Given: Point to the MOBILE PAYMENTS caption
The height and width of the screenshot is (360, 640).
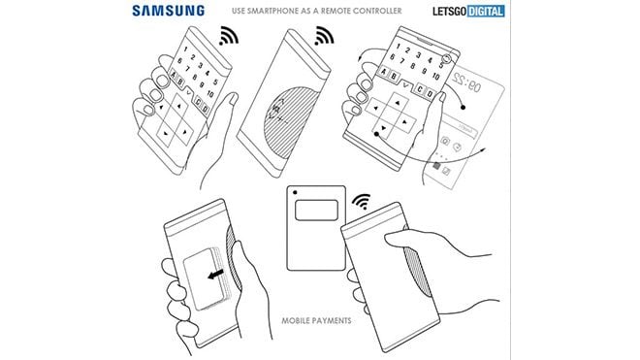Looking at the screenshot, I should coord(315,319).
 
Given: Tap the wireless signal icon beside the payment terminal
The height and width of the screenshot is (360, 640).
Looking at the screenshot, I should coord(363,203).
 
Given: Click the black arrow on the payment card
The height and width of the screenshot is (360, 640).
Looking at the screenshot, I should coord(209,276).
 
